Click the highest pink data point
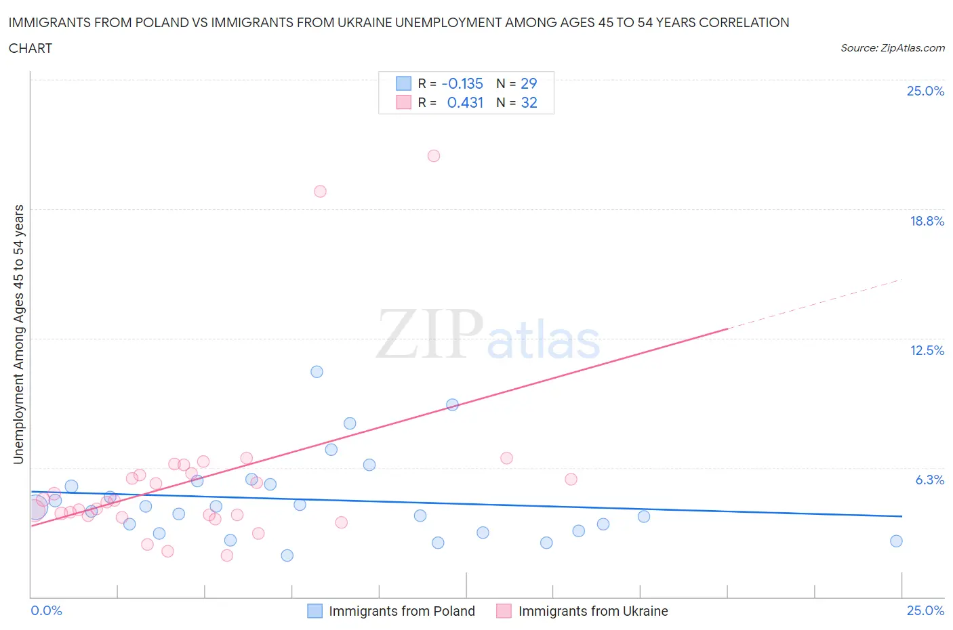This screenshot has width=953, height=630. click(x=434, y=156)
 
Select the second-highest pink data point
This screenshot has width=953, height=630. click(x=320, y=191)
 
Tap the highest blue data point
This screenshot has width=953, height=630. click(x=317, y=371)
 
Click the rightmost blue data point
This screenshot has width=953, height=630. click(x=896, y=541)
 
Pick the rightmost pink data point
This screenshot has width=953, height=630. click(x=571, y=479)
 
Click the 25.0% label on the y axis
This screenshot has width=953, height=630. click(x=925, y=91)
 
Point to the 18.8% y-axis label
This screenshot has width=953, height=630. click(x=927, y=221)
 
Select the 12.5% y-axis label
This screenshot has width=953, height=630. click(x=927, y=350)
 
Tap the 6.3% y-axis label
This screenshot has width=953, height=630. click(x=929, y=480)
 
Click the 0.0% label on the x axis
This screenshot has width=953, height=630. click(x=47, y=610)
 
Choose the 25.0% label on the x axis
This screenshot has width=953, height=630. click(x=925, y=610)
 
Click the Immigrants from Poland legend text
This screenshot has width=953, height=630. click(x=401, y=611)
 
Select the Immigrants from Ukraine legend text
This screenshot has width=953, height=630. click(x=593, y=611)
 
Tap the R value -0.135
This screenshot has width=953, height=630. click(x=462, y=83)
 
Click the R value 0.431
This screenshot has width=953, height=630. click(x=465, y=102)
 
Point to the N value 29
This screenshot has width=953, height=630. click(x=529, y=83)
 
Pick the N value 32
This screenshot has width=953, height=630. click(x=529, y=102)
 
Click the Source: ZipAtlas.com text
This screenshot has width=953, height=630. click(x=892, y=47)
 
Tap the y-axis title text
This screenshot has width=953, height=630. click(x=18, y=334)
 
